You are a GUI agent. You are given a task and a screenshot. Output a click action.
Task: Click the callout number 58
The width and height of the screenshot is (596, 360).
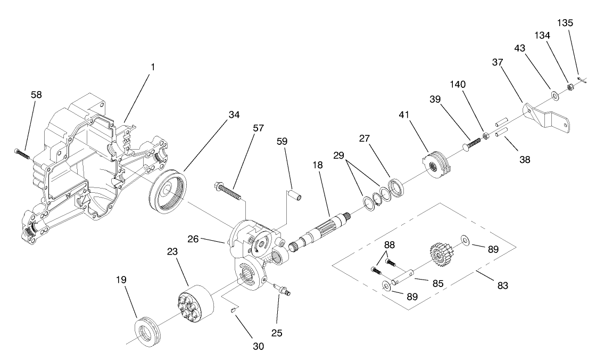coord(36,95)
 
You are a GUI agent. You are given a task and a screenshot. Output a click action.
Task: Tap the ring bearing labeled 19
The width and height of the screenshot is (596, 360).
coord(146,331)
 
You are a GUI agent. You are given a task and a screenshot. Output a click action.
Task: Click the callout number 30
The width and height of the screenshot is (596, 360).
coord(258,346)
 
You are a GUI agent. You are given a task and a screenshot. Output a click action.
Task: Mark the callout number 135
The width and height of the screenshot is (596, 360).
coord(566,23)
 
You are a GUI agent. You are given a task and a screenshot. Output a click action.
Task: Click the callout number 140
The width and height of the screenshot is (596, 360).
coord(459,85)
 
